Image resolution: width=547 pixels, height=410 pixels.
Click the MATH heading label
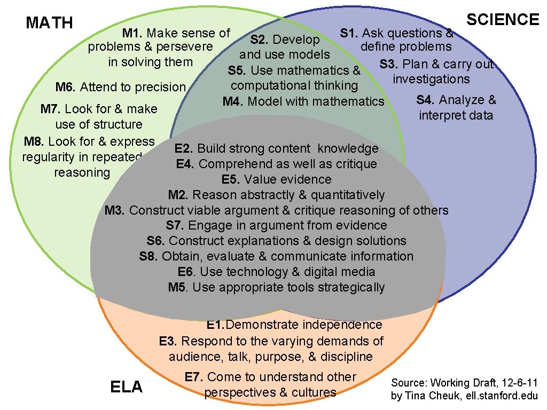pos(49,23)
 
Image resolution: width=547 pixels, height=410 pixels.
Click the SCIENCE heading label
pos(503,20)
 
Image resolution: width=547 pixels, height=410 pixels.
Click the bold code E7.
pos(194,377)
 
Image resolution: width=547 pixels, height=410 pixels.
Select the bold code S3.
pos(389,64)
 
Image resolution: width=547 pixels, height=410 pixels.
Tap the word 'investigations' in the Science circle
pos(431,79)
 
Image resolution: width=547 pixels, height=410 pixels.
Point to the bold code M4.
pos(233,101)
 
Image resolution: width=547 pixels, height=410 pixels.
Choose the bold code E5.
pos(231,179)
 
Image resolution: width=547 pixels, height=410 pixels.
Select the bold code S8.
pos(149,256)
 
